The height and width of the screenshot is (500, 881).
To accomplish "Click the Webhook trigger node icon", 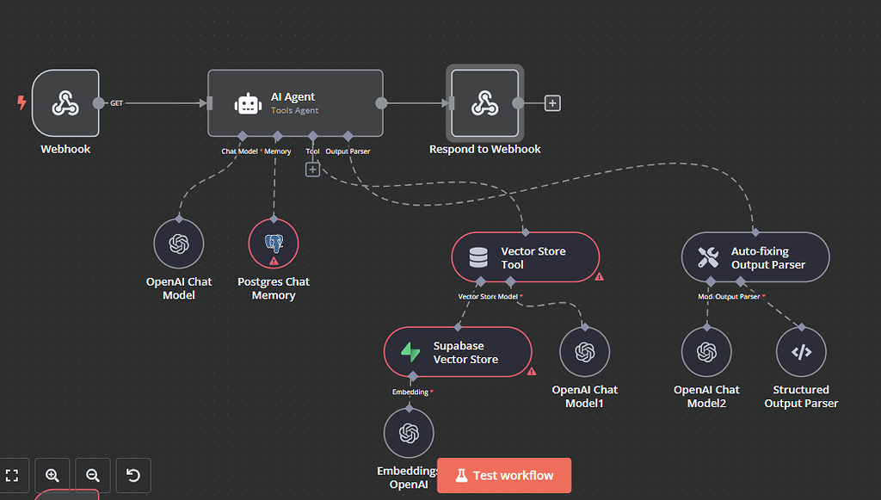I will point(65,104).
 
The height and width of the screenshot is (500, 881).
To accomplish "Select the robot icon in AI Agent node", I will point(248,104).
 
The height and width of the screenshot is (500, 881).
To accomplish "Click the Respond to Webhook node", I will point(484,104).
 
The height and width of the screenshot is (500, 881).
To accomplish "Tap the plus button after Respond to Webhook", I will point(552,103).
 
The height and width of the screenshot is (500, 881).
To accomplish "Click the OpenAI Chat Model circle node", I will point(179,244).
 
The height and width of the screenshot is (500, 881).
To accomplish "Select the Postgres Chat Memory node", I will point(274,244).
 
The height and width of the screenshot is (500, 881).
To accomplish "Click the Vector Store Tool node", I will point(525,257).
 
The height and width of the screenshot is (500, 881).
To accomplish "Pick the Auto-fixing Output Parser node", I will point(755,257).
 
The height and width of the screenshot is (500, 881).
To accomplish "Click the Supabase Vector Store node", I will point(457,352).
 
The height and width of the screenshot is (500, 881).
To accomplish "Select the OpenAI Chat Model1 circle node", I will point(585,352).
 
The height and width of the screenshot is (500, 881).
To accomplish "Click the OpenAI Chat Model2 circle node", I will point(707,352).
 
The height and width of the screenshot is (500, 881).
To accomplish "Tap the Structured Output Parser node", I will point(801,352).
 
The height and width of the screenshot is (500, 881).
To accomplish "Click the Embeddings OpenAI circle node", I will point(409,434).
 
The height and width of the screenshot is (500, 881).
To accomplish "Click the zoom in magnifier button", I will point(52,475).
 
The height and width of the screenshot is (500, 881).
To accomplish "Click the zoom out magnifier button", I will point(93,475).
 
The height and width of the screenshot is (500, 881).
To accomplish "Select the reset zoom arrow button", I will point(133,475).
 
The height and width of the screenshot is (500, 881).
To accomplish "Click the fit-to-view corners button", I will point(12,475).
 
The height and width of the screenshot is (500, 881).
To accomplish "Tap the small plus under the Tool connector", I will point(312,170).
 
